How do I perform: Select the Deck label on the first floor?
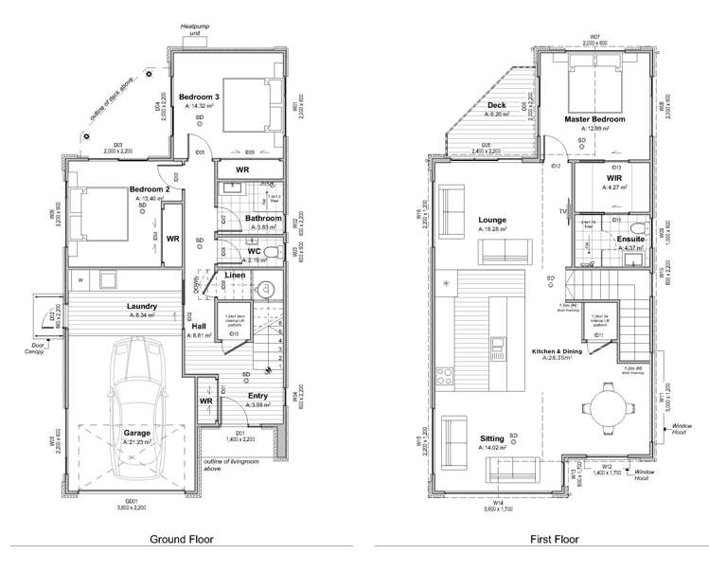(497, 104)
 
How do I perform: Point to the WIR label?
(614, 177)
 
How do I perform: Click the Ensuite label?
(631, 240)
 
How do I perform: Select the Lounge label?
(493, 220)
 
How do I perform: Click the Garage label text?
(136, 433)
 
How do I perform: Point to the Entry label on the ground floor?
(258, 396)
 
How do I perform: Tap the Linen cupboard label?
(236, 276)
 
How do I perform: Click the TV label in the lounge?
(561, 210)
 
